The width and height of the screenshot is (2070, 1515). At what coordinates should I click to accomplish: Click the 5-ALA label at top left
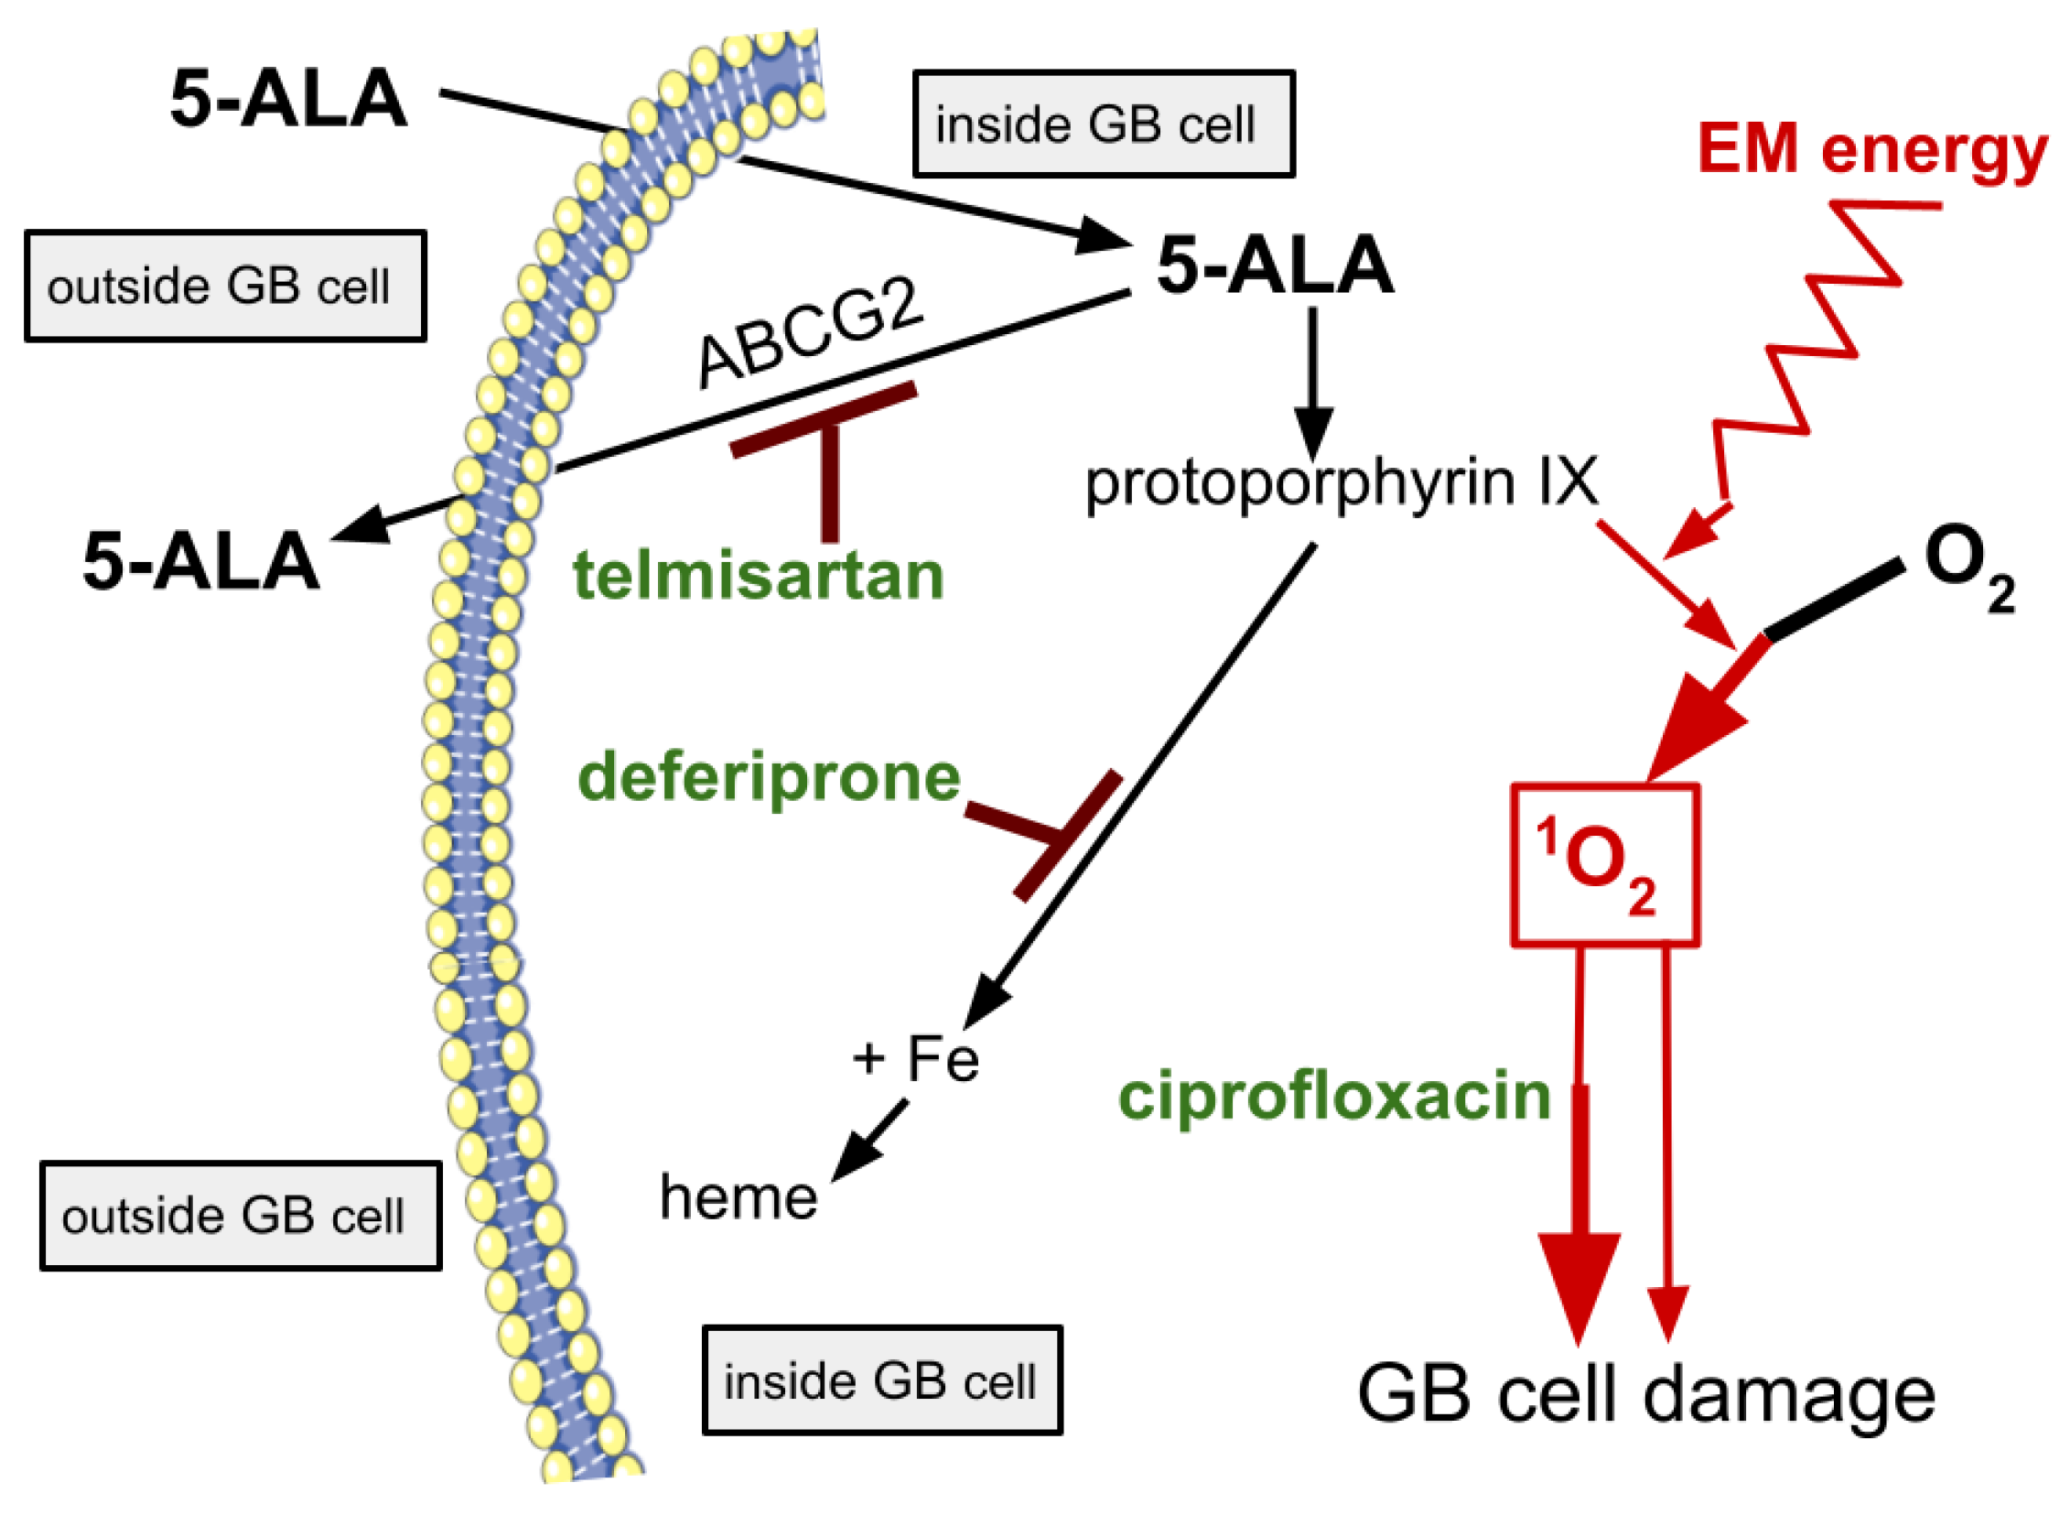288,99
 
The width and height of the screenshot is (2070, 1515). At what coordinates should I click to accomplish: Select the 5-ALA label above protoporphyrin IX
1274,266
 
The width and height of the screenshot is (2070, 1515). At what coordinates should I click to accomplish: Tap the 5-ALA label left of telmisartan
200,561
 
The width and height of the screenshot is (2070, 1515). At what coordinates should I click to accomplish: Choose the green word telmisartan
758,576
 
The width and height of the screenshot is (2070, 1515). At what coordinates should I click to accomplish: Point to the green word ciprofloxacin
1334,1096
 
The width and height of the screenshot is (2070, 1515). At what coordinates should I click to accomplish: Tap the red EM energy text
1872,149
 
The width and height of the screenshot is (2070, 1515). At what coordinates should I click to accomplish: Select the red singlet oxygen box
1604,864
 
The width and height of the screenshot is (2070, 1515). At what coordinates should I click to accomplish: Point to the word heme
738,1196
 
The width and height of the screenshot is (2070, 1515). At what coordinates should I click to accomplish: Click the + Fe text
915,1059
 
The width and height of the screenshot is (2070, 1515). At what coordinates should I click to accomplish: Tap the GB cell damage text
1646,1392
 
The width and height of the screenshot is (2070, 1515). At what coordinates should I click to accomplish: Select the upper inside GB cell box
1103,124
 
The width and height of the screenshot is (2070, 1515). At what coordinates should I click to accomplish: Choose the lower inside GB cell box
882,1381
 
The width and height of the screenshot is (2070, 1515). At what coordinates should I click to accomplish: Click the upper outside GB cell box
225,287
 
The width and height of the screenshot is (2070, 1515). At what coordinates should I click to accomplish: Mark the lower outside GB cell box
240,1216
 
